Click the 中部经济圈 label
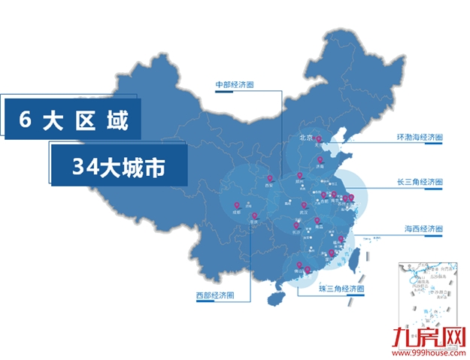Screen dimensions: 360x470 pos(234,85)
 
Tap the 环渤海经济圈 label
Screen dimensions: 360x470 pos(419,138)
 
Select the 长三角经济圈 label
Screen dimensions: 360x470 pos(419,183)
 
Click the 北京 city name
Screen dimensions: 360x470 pos(305,138)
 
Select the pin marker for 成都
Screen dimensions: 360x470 pos(237,204)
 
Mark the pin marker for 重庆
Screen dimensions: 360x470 pos(255,216)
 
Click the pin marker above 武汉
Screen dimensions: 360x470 pos(304,204)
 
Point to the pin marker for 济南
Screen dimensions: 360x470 pos(320,159)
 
